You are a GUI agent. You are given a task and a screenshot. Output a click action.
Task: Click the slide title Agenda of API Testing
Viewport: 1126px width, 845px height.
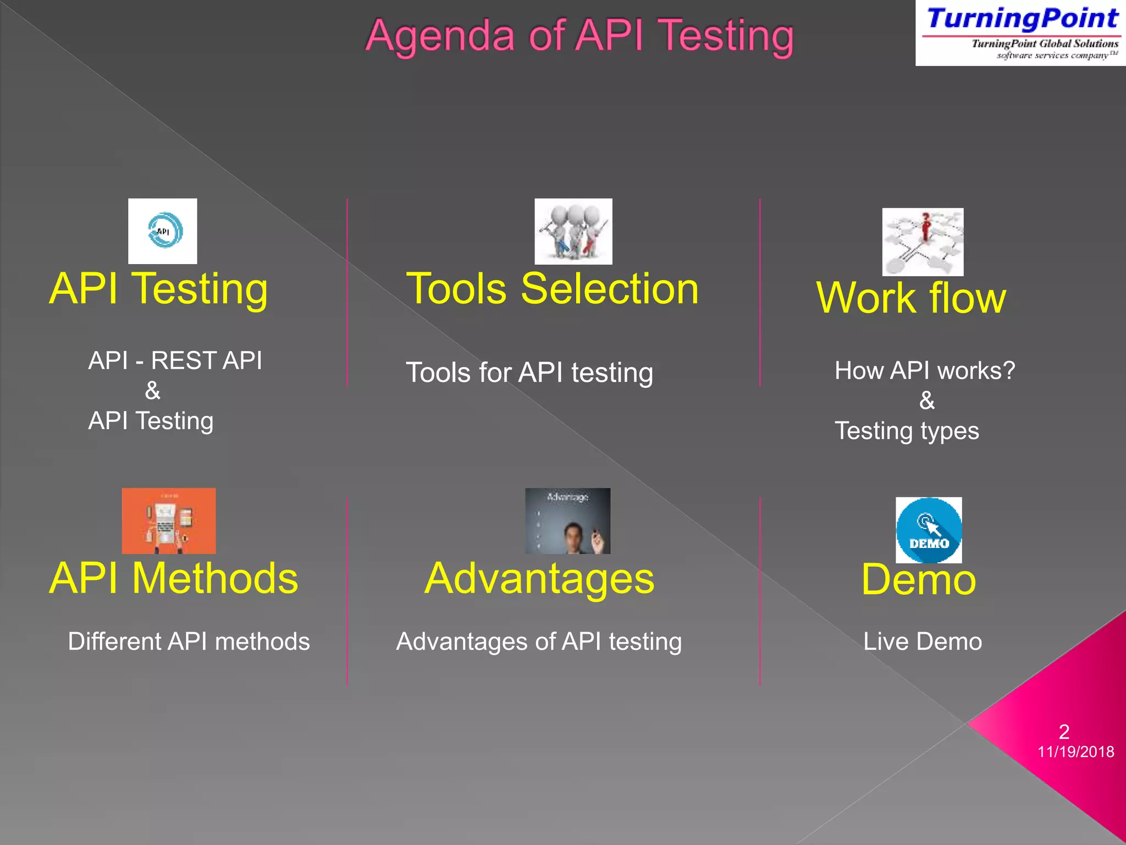(x=579, y=36)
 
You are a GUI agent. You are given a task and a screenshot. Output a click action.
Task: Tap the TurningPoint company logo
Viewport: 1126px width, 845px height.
(x=1020, y=33)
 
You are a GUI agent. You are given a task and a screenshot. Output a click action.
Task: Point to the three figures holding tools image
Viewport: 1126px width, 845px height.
(x=573, y=231)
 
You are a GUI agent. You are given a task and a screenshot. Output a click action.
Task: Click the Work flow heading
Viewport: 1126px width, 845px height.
(x=911, y=298)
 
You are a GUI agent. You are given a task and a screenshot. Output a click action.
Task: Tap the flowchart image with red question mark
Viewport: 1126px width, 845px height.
(x=923, y=242)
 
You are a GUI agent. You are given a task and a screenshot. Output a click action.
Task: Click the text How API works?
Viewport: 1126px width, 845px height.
(x=925, y=370)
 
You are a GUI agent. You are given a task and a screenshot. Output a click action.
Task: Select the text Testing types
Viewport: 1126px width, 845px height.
(x=907, y=431)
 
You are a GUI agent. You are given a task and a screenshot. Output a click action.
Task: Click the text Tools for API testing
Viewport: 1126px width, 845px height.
(x=529, y=372)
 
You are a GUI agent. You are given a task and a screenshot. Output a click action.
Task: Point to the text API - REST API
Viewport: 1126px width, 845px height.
(x=175, y=360)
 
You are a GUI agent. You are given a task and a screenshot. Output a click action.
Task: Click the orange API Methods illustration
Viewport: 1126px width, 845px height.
(x=168, y=520)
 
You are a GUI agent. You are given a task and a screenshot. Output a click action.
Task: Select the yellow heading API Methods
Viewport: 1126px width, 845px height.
(x=173, y=578)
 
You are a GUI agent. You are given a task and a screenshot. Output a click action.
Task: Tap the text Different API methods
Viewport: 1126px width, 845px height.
(x=189, y=641)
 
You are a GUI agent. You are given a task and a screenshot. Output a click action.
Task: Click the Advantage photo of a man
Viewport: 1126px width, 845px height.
(x=567, y=520)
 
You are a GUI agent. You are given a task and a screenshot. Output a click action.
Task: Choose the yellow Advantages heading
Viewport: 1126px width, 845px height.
(x=539, y=579)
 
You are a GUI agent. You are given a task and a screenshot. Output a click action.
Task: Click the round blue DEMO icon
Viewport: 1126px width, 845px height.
(x=929, y=530)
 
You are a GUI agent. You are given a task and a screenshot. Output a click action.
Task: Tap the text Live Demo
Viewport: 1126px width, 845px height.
(x=922, y=641)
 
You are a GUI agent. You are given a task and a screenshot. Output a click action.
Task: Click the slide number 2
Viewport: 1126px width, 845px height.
(x=1064, y=732)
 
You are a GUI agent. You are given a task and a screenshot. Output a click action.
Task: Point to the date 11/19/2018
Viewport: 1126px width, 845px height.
(x=1075, y=752)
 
